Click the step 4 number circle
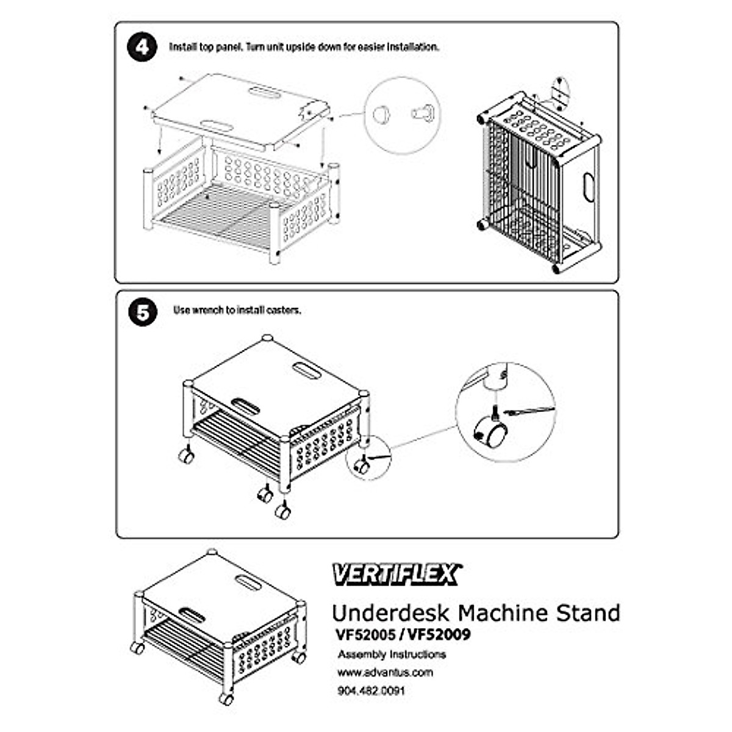point(142,47)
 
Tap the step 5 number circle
point(142,313)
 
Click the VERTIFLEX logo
point(396,574)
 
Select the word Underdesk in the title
point(391,612)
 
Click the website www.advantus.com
point(385,673)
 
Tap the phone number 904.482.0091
point(370,691)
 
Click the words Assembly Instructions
point(392,655)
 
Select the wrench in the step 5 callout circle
point(529,411)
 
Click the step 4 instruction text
point(303,47)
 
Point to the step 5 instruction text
point(237,310)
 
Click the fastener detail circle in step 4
point(402,115)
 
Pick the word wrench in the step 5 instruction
point(208,310)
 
